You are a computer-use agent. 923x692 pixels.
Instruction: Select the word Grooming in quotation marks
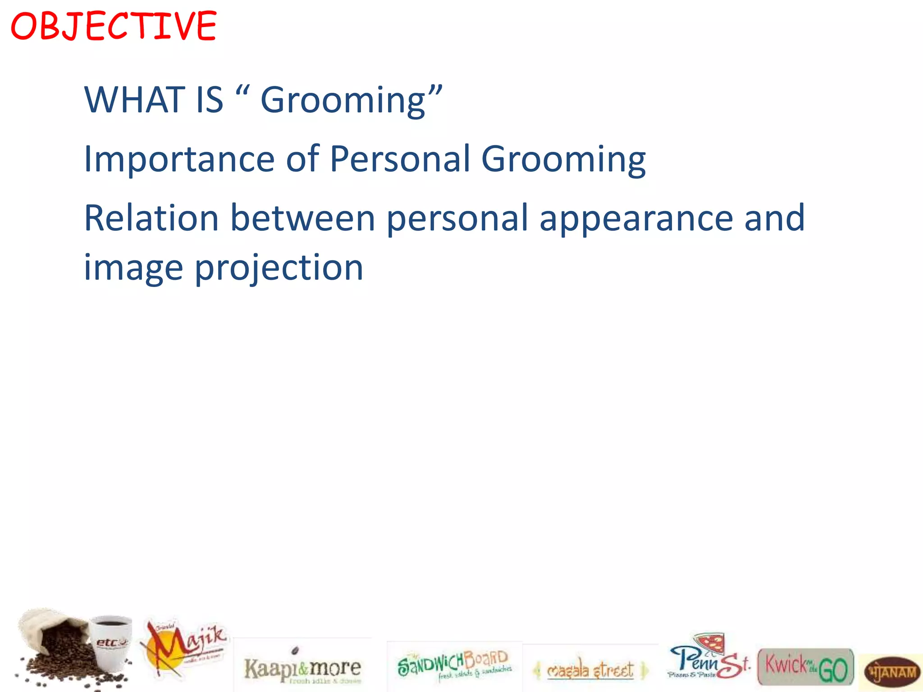[x=343, y=100]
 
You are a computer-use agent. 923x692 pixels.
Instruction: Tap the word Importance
[x=179, y=159]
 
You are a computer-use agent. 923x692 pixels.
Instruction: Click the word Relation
[x=151, y=218]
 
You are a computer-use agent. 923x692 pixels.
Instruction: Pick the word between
[x=303, y=218]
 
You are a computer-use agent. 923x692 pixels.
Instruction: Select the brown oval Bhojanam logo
[x=892, y=673]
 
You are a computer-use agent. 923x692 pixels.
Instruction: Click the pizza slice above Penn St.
[x=711, y=642]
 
